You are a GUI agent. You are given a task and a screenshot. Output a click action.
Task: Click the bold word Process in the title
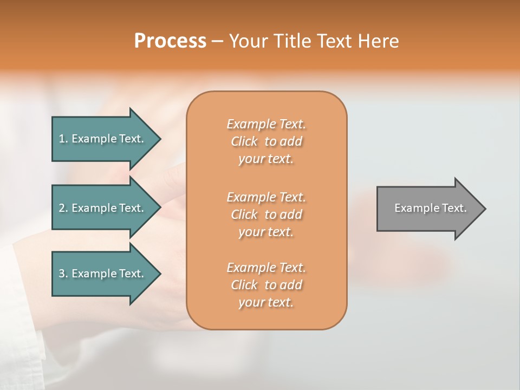(170, 41)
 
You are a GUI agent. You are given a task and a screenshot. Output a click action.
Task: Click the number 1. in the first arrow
(63, 139)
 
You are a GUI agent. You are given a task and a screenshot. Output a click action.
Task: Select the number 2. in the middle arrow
(63, 208)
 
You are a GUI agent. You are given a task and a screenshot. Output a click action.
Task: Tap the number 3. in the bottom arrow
(63, 274)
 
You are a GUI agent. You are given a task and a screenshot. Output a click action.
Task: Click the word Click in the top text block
(244, 142)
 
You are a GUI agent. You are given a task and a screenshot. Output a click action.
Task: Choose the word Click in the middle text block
(244, 214)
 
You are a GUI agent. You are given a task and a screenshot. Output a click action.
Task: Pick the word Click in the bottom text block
(244, 285)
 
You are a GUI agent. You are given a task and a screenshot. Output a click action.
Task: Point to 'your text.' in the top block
(266, 159)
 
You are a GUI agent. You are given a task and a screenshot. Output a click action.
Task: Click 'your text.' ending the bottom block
(266, 303)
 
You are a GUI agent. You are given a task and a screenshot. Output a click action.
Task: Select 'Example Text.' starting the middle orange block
(266, 197)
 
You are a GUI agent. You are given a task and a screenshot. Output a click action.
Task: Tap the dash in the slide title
(217, 42)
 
